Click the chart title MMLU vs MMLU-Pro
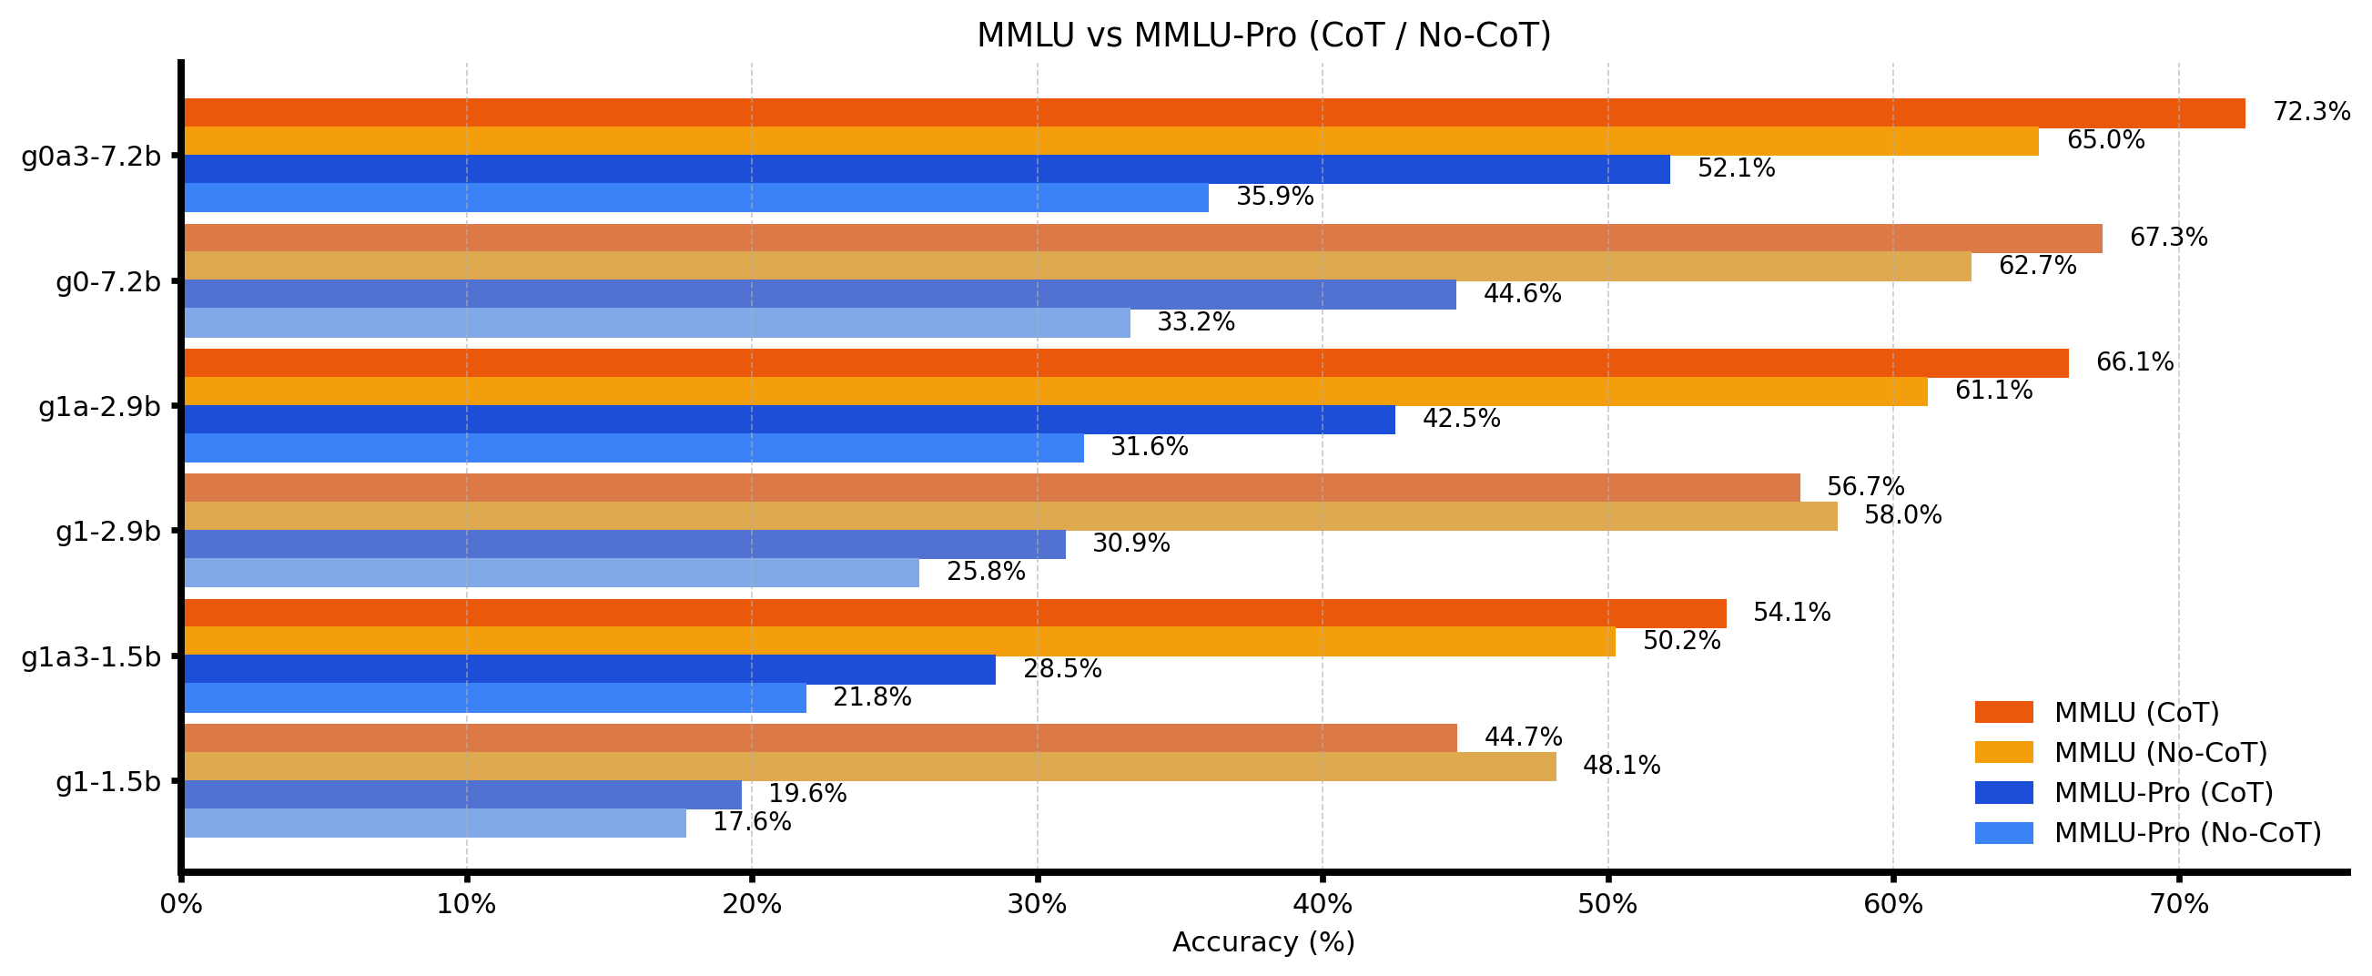1263,36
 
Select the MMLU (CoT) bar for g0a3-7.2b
1213,112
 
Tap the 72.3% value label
2311,112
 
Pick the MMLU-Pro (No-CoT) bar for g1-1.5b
434,823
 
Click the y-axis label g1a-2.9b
99,406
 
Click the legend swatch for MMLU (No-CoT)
2003,752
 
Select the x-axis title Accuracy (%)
1263,943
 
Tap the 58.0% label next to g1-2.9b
1902,515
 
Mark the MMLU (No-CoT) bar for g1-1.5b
869,767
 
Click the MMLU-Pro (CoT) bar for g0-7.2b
819,295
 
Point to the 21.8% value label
872,698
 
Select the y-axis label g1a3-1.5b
91,656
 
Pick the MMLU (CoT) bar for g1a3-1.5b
955,614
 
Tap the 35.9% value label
1274,197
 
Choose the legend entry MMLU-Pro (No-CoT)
2188,833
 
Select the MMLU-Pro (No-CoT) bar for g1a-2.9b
634,449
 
